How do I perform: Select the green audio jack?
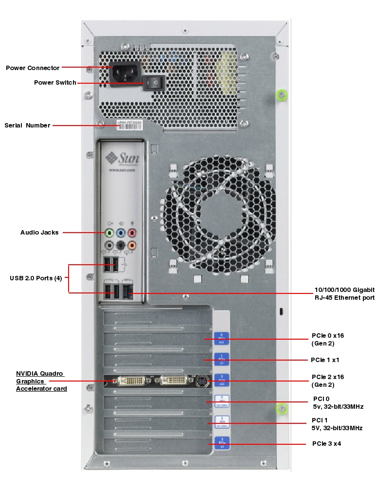coord(109,232)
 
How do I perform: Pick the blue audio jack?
coord(121,232)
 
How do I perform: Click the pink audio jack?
coord(131,232)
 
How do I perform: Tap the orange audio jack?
coord(131,245)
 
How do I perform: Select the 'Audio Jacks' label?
coord(39,233)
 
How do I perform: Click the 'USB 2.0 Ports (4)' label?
coord(36,278)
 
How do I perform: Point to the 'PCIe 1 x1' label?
coord(332,360)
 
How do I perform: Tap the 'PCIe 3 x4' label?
coord(330,444)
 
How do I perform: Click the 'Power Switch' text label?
coord(55,83)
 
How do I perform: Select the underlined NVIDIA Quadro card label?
coord(41,381)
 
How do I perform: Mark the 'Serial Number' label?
coord(27,126)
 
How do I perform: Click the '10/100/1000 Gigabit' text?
coord(344,290)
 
